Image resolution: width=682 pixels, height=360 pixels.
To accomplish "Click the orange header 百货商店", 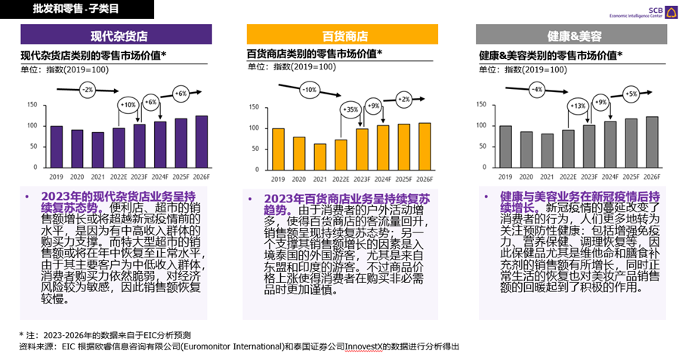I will (x=342, y=35).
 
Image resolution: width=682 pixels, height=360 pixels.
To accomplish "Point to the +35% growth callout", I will (x=349, y=109).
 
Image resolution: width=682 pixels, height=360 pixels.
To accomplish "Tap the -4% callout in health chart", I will (x=536, y=89).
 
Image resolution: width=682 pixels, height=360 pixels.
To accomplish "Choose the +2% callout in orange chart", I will (x=404, y=99).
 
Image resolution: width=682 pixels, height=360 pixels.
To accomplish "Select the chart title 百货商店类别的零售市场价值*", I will (x=314, y=54).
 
